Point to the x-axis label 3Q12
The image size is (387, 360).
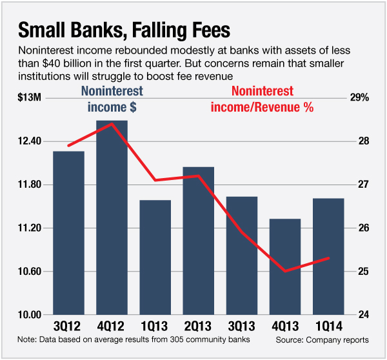tap(68, 325)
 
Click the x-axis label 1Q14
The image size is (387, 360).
tap(328, 325)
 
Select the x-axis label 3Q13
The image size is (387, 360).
tap(241, 325)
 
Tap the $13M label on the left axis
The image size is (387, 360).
tap(28, 98)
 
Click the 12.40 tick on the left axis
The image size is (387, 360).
tap(28, 141)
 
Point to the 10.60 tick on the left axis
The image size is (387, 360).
tap(28, 272)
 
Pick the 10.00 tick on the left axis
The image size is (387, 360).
tap(28, 315)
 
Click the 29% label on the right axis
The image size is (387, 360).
tap(359, 98)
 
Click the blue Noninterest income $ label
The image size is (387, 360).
tap(112, 100)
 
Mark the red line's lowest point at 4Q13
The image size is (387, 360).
tap(284, 271)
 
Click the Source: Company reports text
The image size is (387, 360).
tap(322, 339)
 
